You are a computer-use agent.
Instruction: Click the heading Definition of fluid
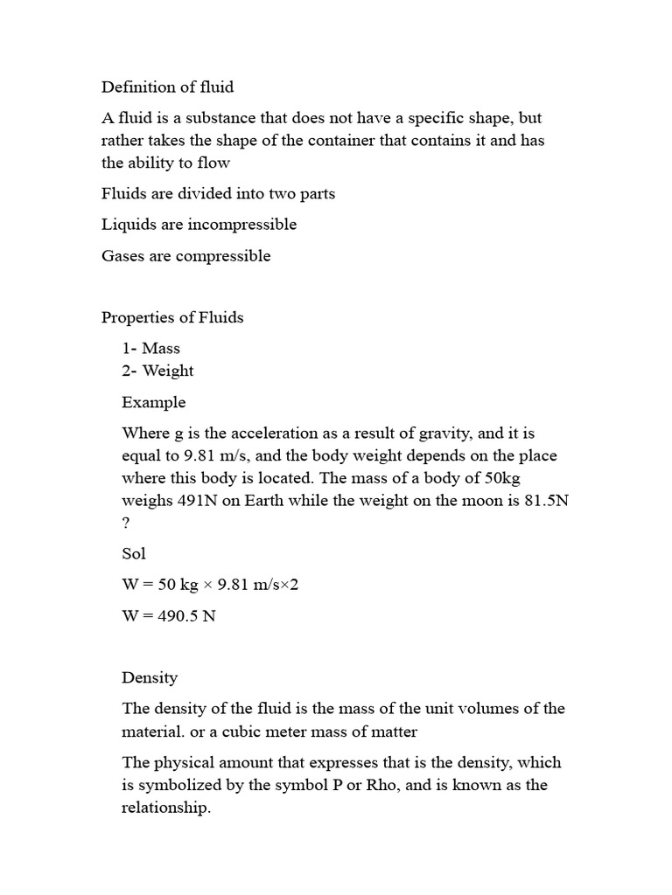pyautogui.click(x=167, y=87)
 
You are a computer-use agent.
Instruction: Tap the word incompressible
pyautogui.click(x=242, y=225)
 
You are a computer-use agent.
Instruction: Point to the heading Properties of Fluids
pyautogui.click(x=172, y=317)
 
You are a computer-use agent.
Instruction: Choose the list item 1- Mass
pyautogui.click(x=151, y=348)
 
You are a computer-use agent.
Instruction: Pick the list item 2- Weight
pyautogui.click(x=157, y=371)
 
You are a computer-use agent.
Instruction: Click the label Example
pyautogui.click(x=154, y=403)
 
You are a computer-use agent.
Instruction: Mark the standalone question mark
pyautogui.click(x=126, y=524)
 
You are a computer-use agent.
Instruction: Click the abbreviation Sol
pyautogui.click(x=134, y=554)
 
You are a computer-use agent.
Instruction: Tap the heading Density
pyautogui.click(x=150, y=677)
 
